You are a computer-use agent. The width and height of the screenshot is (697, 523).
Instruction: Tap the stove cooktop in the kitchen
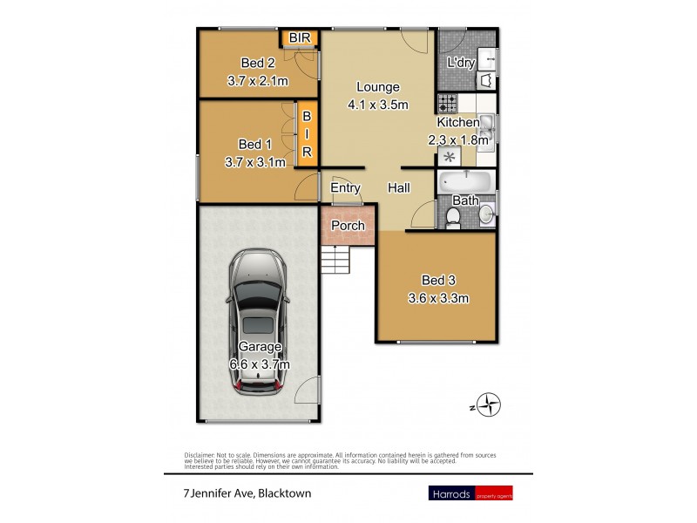click(447, 104)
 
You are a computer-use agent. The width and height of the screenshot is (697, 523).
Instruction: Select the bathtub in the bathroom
click(465, 181)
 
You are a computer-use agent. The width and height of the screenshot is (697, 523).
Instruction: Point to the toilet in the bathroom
click(453, 215)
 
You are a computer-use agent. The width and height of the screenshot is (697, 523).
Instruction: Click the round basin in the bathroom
click(485, 214)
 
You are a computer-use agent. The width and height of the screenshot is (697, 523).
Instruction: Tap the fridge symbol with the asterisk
click(450, 158)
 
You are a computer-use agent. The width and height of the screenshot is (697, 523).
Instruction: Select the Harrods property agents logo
click(470, 493)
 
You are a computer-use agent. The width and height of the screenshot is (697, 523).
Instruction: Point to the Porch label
click(348, 226)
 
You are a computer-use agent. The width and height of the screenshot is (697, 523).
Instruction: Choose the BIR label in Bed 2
click(299, 38)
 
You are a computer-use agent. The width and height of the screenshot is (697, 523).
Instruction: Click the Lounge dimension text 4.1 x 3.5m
click(377, 105)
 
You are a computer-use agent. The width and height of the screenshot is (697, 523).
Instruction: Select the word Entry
click(345, 188)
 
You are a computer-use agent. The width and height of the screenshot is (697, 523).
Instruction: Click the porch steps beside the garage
click(334, 259)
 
